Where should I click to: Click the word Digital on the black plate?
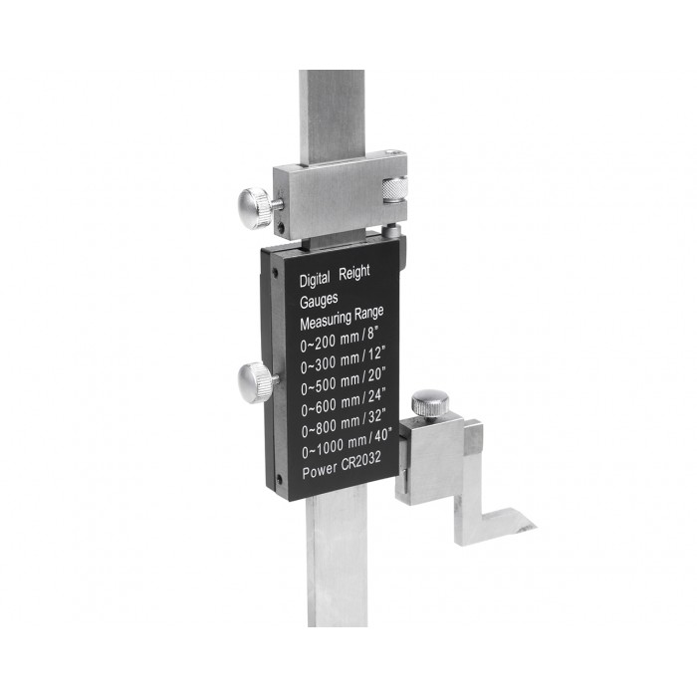coord(315,280)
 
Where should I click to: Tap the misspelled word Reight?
coord(354,273)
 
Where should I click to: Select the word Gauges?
coord(319,301)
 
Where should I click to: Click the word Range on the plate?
coord(368,314)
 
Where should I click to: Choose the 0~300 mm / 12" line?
coord(342,360)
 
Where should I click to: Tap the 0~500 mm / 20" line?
coord(343,381)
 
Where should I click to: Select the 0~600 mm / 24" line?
coord(344,402)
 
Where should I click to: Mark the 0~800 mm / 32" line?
coord(344,423)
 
